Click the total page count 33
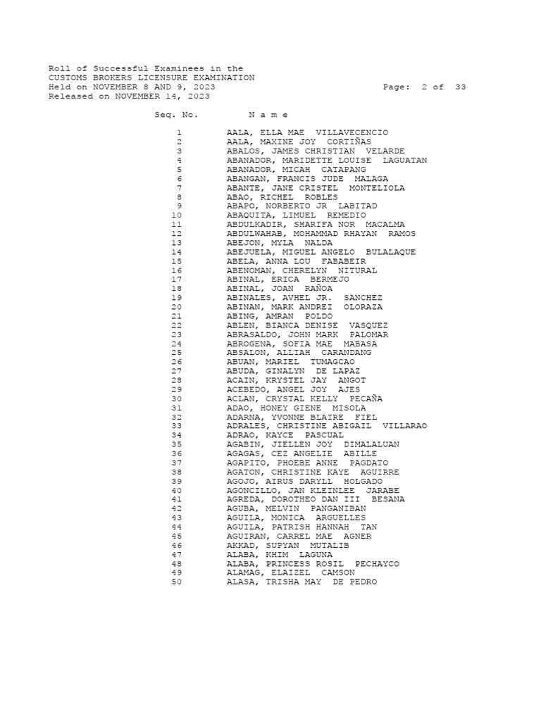pyautogui.click(x=460, y=87)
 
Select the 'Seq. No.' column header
pyautogui.click(x=176, y=115)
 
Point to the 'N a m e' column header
pyautogui.click(x=268, y=115)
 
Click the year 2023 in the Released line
pyautogui.click(x=199, y=96)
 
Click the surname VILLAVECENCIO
pyautogui.click(x=352, y=133)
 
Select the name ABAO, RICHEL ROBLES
pyautogui.click(x=282, y=197)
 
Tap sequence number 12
pyautogui.click(x=176, y=234)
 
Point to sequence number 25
pyautogui.click(x=176, y=353)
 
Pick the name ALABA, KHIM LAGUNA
pyautogui.click(x=279, y=554)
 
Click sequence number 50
pyautogui.click(x=176, y=582)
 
